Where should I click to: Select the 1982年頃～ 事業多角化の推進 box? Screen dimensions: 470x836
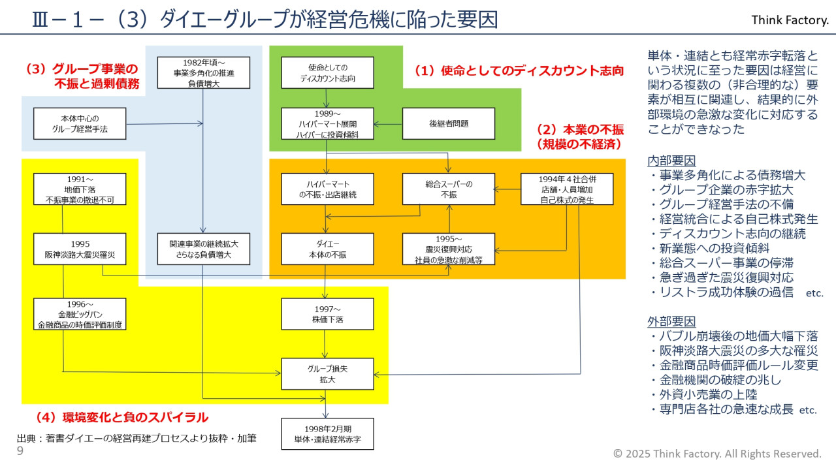click(x=204, y=73)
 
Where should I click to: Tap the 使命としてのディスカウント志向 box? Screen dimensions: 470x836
click(x=327, y=73)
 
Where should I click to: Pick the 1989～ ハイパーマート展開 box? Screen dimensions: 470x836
click(x=327, y=123)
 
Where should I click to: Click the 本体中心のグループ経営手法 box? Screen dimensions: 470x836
click(x=80, y=123)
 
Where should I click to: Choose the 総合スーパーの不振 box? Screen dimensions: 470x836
click(x=448, y=189)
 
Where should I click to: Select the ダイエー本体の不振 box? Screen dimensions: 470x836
click(x=327, y=249)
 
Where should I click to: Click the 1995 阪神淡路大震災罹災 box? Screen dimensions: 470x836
click(x=80, y=249)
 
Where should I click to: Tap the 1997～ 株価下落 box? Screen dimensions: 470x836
click(x=327, y=314)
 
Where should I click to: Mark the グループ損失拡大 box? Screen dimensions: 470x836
click(x=327, y=374)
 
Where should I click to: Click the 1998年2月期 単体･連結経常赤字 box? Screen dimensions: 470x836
click(x=327, y=434)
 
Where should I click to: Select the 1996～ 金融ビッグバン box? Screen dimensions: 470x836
click(x=80, y=314)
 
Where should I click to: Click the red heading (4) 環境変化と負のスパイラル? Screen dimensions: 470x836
click(x=121, y=416)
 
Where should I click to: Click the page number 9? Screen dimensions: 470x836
click(x=20, y=450)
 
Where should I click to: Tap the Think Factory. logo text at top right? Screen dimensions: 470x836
click(x=790, y=20)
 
